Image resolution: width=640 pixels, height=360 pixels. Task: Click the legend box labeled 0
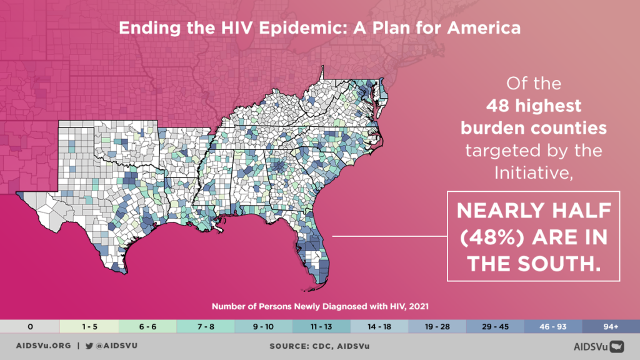[29, 326]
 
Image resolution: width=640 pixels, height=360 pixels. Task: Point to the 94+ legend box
[611, 326]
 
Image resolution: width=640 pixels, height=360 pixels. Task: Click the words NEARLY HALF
[532, 211]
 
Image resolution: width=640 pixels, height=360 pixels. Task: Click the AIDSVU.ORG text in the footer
[42, 345]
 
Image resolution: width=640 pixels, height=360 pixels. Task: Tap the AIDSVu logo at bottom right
[599, 345]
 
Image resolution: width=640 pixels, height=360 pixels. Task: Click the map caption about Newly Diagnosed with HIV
[319, 307]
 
